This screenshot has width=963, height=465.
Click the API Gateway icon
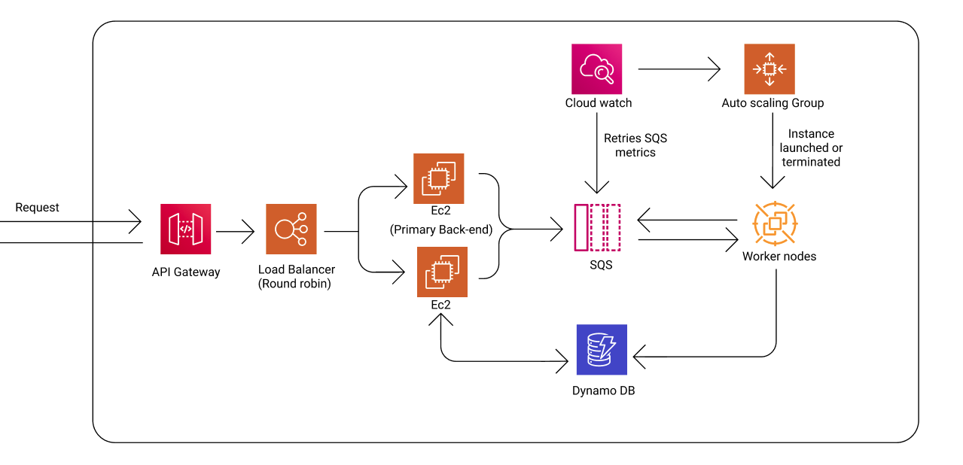click(x=185, y=229)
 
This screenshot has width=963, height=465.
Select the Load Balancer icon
click(x=291, y=229)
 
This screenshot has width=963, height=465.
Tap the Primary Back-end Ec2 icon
click(x=438, y=179)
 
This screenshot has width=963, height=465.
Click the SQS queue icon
click(x=597, y=227)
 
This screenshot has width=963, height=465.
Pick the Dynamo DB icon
click(x=602, y=349)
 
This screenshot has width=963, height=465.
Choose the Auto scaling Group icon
click(x=769, y=69)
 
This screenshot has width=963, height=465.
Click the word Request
click(x=37, y=208)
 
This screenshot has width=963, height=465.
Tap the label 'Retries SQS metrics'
click(x=635, y=145)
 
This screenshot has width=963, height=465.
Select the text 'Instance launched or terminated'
click(x=810, y=148)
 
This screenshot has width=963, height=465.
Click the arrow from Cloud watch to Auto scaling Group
click(x=678, y=70)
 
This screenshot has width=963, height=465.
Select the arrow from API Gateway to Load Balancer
click(x=237, y=232)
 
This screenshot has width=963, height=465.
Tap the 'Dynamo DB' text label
click(x=603, y=391)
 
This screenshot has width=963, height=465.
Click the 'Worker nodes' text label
click(x=779, y=257)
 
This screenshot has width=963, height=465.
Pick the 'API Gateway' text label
click(x=185, y=272)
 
